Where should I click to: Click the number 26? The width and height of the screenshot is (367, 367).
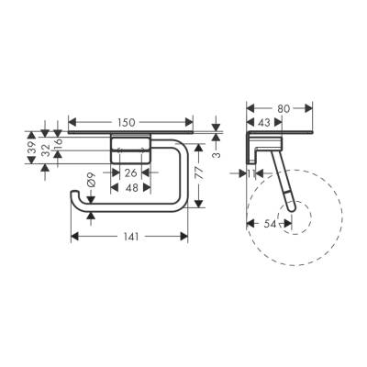point(131,172)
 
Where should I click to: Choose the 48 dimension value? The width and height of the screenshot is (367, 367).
point(131,186)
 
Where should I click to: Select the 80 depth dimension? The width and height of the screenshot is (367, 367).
point(285,108)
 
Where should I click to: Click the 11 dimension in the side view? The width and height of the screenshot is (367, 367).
point(250,172)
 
